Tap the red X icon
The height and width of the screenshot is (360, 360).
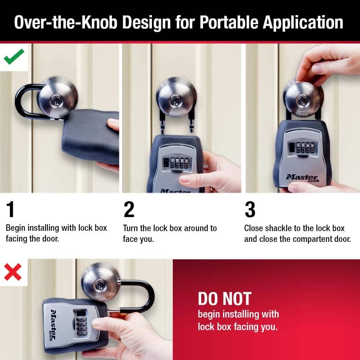pos(13,272)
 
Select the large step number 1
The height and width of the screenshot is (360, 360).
pos(11,210)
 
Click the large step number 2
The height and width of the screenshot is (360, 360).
pos(129,210)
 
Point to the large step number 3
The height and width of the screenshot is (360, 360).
pos(250,210)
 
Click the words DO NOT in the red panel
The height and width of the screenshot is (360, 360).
pos(224,299)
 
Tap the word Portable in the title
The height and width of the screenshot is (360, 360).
pos(229,22)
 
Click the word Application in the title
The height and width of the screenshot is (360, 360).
pos(303,22)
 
